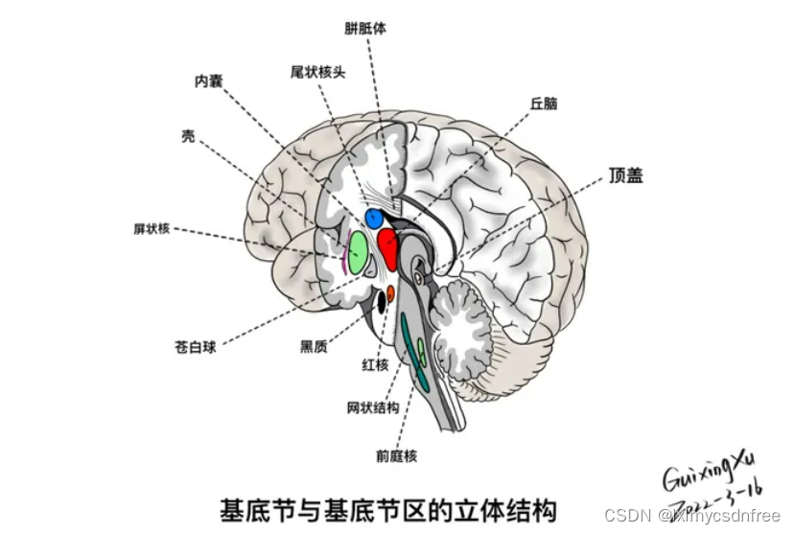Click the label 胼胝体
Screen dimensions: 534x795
(364, 28)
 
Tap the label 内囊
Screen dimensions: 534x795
(208, 81)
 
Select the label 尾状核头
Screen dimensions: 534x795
(317, 71)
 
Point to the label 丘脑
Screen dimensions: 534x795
(543, 104)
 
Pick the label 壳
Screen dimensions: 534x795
(188, 136)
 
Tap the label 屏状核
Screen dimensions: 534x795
(152, 228)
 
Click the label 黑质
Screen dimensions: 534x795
(313, 347)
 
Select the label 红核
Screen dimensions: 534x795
(374, 365)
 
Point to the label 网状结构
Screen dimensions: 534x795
(372, 408)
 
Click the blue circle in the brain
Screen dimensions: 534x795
(374, 219)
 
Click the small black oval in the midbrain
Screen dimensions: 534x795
(381, 301)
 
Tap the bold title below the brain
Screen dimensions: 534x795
(388, 507)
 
